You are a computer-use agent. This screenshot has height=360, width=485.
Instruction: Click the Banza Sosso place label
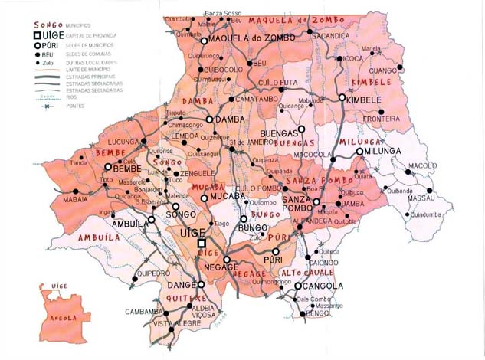[223, 14]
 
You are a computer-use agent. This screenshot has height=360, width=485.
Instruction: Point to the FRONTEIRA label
[382, 119]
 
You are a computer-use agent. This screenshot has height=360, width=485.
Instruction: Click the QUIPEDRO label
[152, 273]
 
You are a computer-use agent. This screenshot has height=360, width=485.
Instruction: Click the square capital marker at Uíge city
[202, 244]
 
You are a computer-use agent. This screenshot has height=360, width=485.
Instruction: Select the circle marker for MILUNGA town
[359, 152]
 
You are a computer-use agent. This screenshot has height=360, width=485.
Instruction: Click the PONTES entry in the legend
[77, 106]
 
